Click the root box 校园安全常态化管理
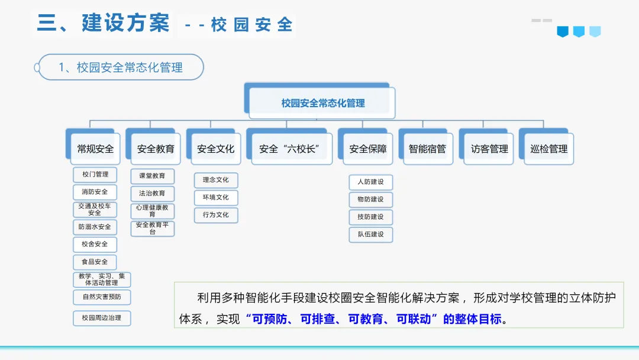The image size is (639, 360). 322,103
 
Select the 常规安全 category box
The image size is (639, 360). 95,149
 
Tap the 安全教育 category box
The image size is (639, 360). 156,149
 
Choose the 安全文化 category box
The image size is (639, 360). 216,149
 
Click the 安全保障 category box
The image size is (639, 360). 368,149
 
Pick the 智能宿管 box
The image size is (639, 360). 428,149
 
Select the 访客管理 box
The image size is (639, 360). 489,149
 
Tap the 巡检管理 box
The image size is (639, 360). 549,149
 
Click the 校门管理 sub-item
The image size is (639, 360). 95,175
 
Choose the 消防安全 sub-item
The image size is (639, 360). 95,192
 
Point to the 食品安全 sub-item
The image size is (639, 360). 95,262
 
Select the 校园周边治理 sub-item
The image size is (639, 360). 102,318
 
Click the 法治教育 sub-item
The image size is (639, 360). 152,193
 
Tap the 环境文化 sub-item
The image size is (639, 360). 216,197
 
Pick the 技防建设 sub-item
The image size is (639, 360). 371,217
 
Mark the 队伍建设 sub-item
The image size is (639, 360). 371,234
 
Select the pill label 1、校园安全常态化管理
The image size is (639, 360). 121,67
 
